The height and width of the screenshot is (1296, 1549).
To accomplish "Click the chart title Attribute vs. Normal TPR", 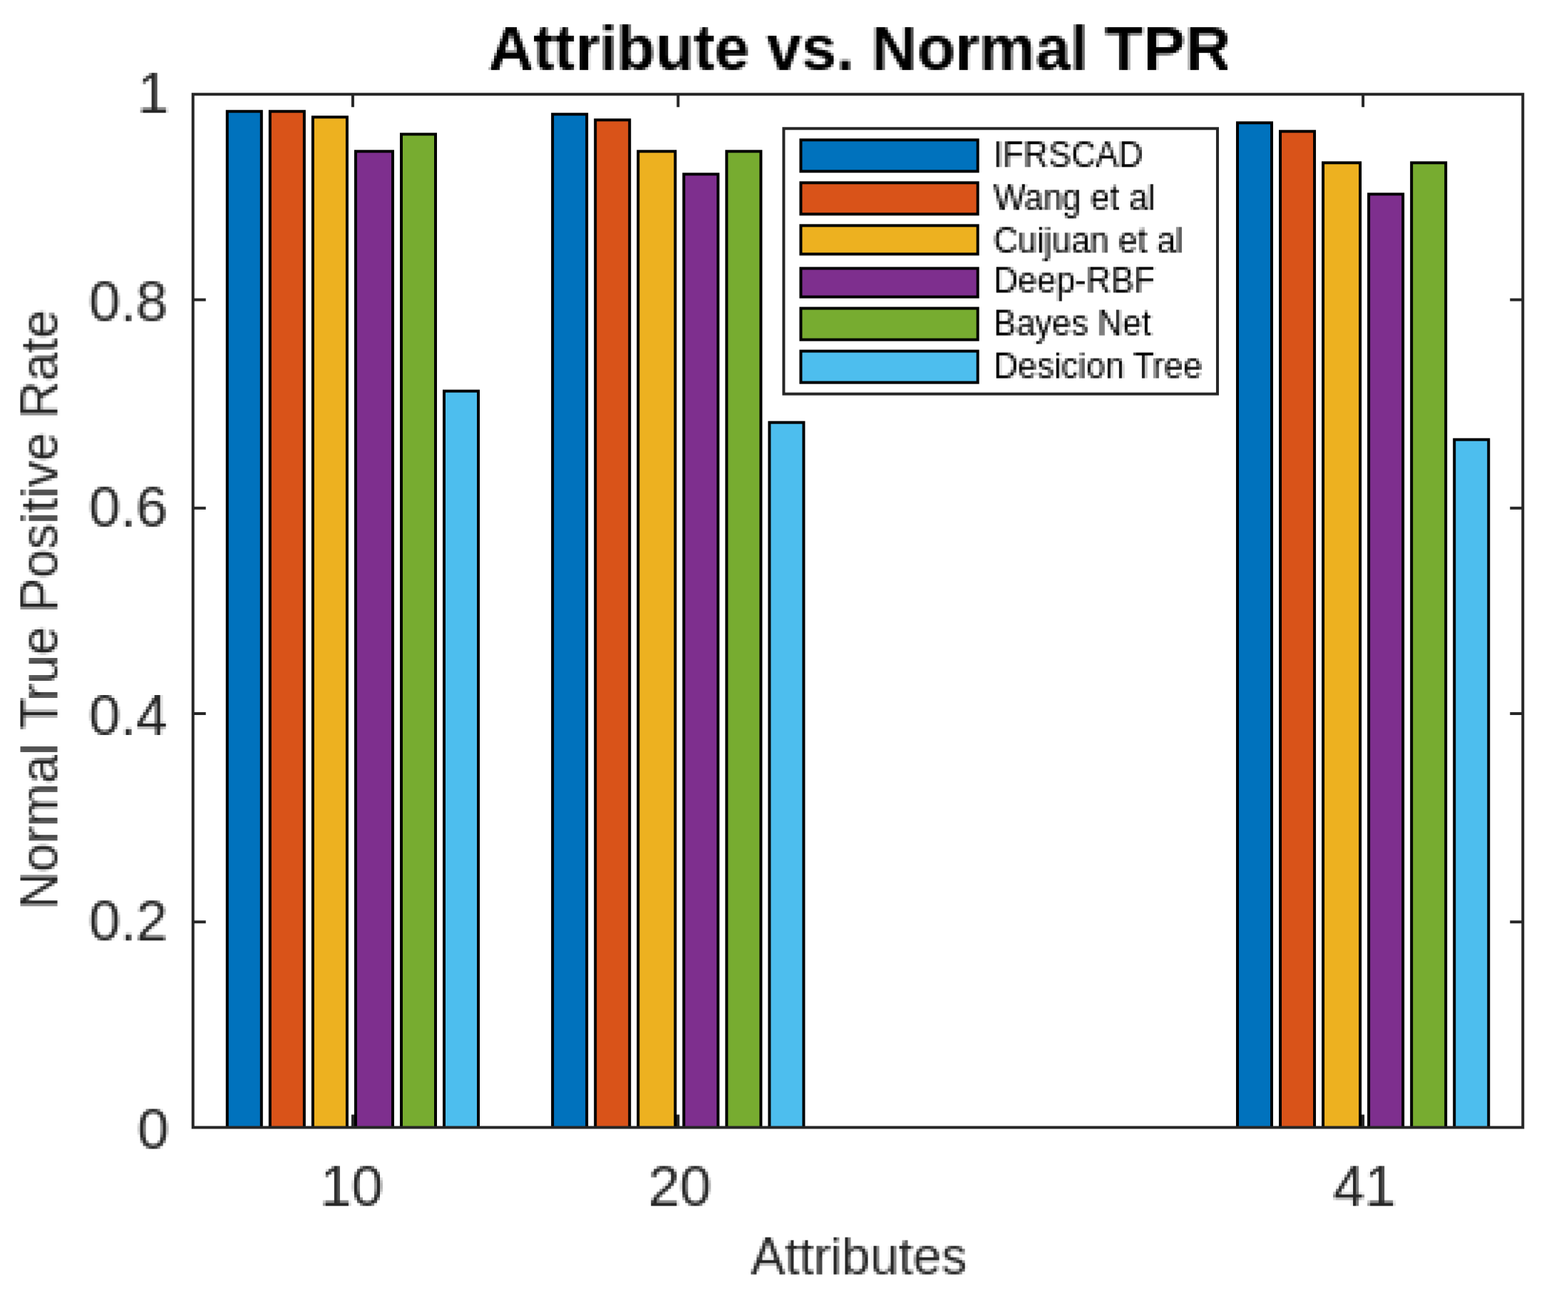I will (858, 50).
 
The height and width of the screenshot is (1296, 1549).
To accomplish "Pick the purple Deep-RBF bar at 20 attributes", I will (701, 649).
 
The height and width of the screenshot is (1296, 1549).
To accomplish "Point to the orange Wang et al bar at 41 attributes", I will (1297, 628).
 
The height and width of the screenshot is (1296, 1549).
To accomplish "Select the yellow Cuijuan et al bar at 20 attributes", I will (657, 638).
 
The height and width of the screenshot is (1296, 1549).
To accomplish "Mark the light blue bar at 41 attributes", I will (1471, 782).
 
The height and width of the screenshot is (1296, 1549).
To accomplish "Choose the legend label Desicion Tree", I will (1098, 366).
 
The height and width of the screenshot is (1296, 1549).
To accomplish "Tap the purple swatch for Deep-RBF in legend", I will (889, 282).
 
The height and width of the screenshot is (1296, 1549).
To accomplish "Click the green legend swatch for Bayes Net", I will (889, 324).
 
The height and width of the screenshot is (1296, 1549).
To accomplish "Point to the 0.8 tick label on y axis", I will (128, 301).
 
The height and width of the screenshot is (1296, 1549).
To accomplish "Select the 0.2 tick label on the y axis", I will (128, 922).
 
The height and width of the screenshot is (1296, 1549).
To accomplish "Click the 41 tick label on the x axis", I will (1363, 1188).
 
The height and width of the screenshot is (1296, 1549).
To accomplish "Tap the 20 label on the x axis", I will (679, 1188).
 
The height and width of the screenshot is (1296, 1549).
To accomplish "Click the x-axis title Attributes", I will (858, 1258).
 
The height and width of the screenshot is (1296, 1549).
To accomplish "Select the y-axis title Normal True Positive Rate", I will (40, 610).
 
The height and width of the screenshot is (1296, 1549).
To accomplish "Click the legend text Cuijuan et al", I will (1087, 240).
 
